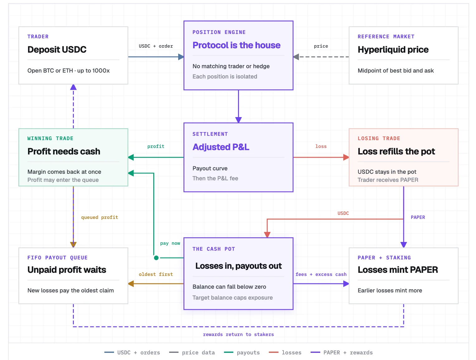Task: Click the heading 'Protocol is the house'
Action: [236, 45]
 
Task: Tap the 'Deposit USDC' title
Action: [57, 50]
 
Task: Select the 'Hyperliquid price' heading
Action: [393, 50]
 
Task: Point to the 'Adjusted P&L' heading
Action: [221, 147]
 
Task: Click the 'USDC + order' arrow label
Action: [156, 46]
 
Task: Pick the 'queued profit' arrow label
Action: [100, 217]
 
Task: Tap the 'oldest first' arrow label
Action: [156, 274]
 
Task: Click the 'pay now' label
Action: [170, 244]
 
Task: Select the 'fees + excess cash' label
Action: [321, 274]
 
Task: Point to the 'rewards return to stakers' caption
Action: [238, 334]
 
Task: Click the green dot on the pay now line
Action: [156, 258]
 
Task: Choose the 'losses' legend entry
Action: [285, 353]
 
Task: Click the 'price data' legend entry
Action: [192, 353]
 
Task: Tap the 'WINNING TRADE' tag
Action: [50, 139]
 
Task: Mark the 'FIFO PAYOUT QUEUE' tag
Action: [57, 258]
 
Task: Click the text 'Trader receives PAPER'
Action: [388, 180]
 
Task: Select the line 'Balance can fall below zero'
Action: [229, 287]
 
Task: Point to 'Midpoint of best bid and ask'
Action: [395, 71]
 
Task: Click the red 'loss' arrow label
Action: [321, 146]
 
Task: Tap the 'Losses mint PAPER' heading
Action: [397, 270]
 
